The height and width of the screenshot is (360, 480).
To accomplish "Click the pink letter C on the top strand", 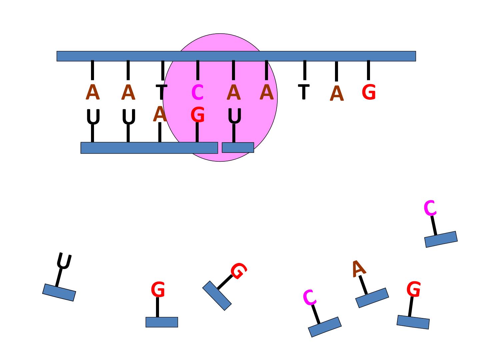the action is click(x=197, y=92).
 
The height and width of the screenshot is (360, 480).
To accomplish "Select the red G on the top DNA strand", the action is click(x=369, y=92).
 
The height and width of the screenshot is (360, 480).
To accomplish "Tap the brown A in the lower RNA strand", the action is click(x=160, y=114).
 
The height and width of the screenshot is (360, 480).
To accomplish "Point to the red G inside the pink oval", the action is click(x=197, y=114).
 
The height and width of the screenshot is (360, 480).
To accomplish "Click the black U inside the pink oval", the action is click(x=234, y=116).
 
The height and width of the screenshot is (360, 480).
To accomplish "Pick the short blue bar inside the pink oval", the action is click(x=238, y=148).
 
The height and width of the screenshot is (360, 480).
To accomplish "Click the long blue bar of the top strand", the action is click(x=236, y=56).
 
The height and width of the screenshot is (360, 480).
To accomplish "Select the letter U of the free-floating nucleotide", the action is click(x=64, y=261).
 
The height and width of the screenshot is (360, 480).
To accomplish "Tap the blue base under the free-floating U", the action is click(x=59, y=292).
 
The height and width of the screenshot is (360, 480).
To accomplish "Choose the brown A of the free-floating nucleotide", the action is click(x=359, y=269).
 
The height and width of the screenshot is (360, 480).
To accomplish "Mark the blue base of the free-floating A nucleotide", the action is click(x=372, y=298).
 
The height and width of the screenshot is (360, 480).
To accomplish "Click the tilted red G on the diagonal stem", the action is click(x=239, y=271).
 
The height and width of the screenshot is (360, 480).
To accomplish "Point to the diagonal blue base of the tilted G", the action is click(x=217, y=296).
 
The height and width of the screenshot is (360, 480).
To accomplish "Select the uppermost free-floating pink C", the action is click(x=430, y=208).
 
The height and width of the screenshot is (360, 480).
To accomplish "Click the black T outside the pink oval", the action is click(x=304, y=92).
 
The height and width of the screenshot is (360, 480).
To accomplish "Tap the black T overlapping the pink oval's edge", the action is click(x=161, y=92).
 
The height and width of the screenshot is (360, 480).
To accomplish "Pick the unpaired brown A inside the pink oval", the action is click(x=266, y=92).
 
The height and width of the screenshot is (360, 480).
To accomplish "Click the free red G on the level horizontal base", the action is click(x=158, y=289).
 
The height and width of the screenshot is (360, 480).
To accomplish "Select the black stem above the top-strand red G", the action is click(x=368, y=70).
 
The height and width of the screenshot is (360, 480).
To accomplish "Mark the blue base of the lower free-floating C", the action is click(x=325, y=327).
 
